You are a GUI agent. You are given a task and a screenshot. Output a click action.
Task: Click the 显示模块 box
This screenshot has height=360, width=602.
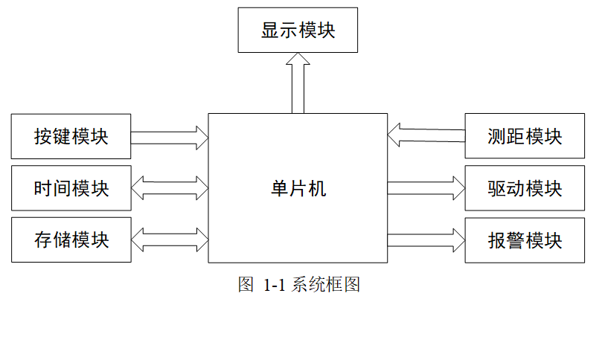coord(298,30)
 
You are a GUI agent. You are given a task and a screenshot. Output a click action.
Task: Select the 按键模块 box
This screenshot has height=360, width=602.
coord(71,137)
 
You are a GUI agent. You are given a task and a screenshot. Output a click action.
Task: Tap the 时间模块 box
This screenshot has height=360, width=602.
coord(71,188)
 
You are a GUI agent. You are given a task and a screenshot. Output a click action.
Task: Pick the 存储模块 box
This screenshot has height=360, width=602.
coord(71,240)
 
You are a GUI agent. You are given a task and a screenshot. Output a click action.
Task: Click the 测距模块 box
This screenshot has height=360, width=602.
coord(525,137)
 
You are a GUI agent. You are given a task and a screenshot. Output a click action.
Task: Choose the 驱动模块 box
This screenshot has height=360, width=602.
coord(525,188)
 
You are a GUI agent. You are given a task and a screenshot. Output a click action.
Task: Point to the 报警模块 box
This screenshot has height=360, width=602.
coord(525,240)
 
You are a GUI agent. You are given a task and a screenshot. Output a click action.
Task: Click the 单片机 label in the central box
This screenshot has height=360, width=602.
coord(298,188)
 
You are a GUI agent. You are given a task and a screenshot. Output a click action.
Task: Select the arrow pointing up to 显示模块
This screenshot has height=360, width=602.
coord(298,83)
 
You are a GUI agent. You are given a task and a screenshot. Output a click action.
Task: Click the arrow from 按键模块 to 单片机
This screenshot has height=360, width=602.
coord(170,137)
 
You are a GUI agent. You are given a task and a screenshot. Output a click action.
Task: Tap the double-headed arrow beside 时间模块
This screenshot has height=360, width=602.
coord(170,188)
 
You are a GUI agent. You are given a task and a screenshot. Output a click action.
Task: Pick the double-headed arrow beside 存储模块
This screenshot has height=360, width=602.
coord(170,240)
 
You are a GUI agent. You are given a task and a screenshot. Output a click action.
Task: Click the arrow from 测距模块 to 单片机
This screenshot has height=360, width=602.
coord(426,135)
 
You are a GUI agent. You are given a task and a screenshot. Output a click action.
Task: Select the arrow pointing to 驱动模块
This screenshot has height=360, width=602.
coord(426,188)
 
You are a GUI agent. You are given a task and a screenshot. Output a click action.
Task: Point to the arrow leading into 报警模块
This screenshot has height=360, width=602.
coord(426,240)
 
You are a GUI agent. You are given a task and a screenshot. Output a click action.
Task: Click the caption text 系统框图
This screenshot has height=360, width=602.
coord(327,285)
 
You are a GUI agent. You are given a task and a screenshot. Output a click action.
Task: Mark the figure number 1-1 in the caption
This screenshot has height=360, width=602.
coord(276,285)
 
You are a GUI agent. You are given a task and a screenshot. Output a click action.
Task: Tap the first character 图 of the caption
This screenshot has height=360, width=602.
coord(246,285)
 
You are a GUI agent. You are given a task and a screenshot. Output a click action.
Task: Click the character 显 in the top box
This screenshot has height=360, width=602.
coord(269,30)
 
